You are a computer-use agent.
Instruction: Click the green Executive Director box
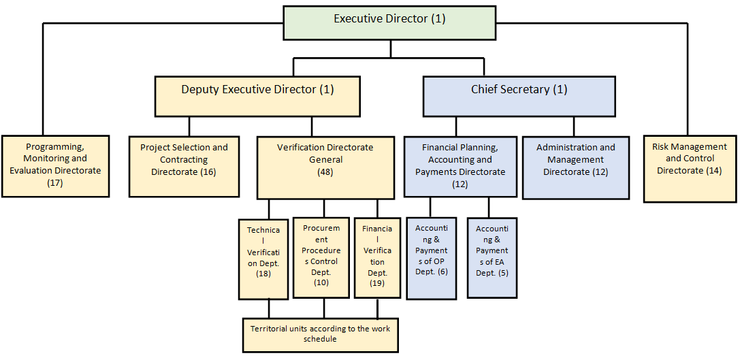click(x=389, y=22)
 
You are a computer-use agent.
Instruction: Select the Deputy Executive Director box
click(x=257, y=96)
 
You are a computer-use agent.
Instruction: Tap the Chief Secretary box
click(x=519, y=96)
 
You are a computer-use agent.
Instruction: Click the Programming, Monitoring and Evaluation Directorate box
click(x=55, y=166)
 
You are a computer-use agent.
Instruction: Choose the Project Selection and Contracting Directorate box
click(x=184, y=166)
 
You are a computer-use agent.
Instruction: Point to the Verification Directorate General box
click(x=325, y=167)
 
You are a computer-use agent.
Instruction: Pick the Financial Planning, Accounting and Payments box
click(x=460, y=166)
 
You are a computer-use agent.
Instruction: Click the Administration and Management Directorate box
click(x=576, y=167)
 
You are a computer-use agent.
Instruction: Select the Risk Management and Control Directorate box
click(x=690, y=169)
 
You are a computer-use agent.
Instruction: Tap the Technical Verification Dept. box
click(x=263, y=259)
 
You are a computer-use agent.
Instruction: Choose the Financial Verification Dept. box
click(x=376, y=258)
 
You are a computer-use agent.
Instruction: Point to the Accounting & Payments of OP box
click(x=432, y=258)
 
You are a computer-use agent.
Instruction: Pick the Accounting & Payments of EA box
click(x=492, y=258)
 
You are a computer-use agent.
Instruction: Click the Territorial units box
click(x=320, y=335)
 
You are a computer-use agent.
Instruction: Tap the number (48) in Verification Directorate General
click(x=325, y=172)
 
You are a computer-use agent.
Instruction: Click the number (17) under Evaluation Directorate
click(x=55, y=182)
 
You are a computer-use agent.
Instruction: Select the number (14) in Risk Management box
click(x=713, y=171)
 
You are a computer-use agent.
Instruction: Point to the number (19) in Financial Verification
click(x=377, y=283)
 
